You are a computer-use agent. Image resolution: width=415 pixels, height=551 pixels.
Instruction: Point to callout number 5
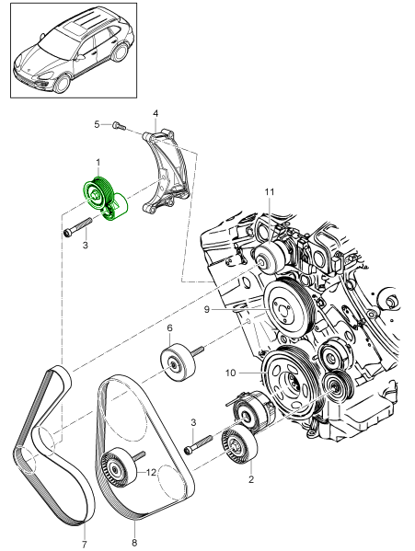(x=96, y=123)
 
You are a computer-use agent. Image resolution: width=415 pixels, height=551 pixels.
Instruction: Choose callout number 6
(x=170, y=327)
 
